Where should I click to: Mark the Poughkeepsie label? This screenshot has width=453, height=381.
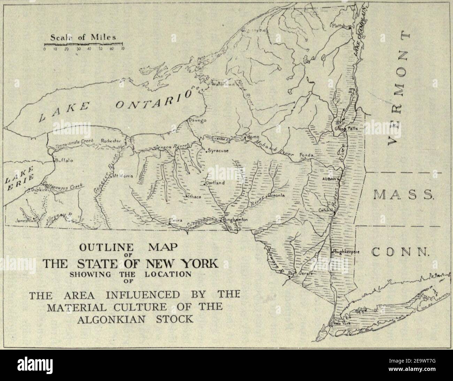[x=346, y=251]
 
